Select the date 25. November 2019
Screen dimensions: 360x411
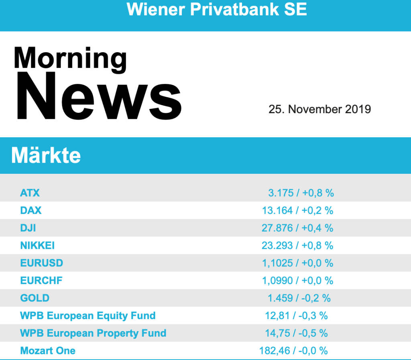coord(319,109)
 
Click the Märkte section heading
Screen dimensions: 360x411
coord(46,155)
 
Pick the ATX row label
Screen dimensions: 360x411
coord(30,193)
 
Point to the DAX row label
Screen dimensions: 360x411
coord(31,210)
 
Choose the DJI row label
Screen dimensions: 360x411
coord(28,228)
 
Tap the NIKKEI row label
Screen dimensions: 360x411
coord(37,245)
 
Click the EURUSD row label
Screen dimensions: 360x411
coord(42,263)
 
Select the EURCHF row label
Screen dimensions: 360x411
coord(41,280)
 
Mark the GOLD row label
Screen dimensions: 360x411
coord(35,298)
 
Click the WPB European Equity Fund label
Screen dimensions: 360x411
coord(88,315)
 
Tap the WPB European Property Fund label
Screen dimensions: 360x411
coord(93,333)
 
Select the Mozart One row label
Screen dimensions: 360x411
coord(48,351)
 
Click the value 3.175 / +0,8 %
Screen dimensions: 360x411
coord(301,193)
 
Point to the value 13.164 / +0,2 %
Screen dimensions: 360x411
coord(297,210)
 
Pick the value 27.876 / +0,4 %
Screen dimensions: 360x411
coord(297,228)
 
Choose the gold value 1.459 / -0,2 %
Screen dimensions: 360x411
coord(299,298)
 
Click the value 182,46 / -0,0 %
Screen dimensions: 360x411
coord(293,351)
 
